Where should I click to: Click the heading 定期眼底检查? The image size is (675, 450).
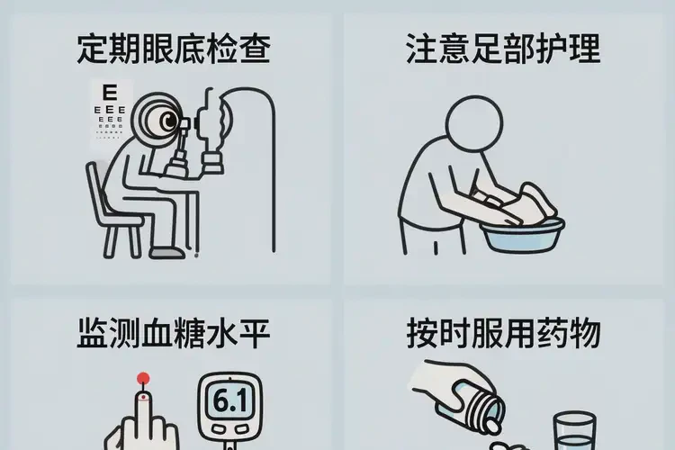[173, 49]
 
